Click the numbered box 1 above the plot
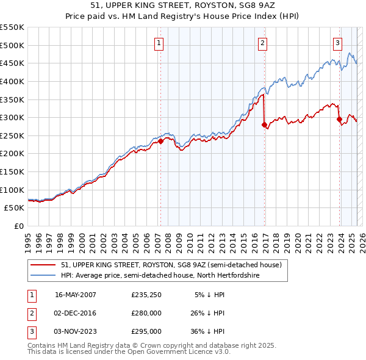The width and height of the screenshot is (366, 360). point(159,43)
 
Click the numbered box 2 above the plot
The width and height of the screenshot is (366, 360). point(262,43)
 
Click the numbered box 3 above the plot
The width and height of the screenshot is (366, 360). point(337,43)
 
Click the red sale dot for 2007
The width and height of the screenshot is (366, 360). point(161,141)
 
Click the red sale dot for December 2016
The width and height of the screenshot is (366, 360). point(264,125)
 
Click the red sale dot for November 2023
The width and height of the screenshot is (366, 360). point(339,120)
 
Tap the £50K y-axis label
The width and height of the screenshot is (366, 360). point(15,207)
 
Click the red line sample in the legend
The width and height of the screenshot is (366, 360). point(43,265)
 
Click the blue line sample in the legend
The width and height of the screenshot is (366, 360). point(43,276)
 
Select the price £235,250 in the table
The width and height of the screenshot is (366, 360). point(146,295)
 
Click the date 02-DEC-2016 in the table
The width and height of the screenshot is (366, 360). point(76,313)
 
